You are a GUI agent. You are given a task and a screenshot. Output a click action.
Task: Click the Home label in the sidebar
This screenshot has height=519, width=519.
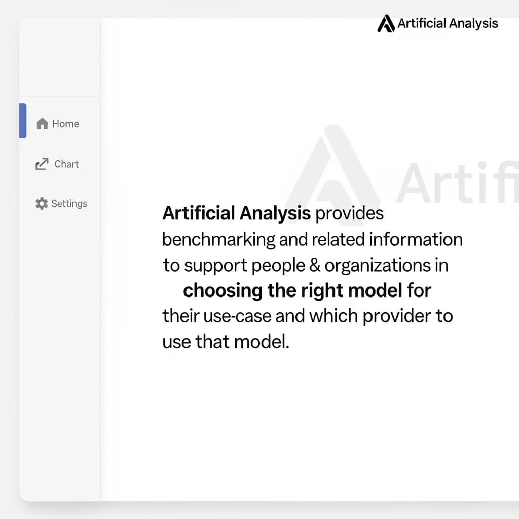[65, 124]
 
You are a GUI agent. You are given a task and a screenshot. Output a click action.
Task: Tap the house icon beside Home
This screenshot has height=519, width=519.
[43, 124]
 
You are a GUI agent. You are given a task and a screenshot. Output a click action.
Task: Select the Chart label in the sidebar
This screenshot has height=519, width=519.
[66, 164]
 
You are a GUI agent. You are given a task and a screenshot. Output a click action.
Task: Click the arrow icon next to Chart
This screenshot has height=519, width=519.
[42, 164]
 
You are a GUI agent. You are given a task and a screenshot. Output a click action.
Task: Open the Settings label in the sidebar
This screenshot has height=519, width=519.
[69, 204]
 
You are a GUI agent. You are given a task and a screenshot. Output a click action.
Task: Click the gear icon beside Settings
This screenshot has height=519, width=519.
[42, 204]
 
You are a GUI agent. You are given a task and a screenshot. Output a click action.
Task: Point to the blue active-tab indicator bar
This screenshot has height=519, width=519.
[23, 121]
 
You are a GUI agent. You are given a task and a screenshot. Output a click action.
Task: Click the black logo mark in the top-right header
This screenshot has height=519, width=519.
[386, 23]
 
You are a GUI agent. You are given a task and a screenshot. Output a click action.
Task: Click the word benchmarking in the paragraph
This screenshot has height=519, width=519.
[218, 239]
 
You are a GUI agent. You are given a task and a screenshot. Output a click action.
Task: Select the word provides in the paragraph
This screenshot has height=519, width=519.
[349, 213]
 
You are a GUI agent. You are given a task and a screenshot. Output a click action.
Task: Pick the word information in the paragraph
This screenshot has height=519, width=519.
[416, 239]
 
